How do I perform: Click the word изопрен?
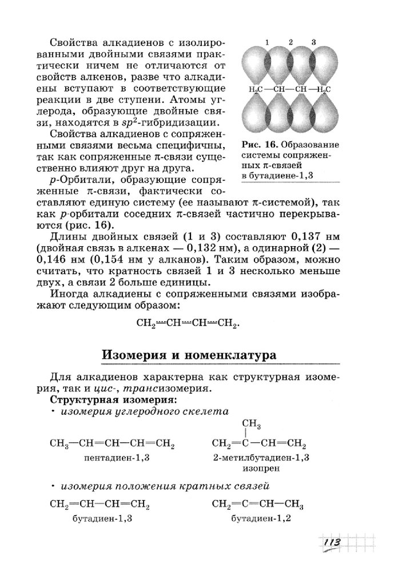(x=260, y=468)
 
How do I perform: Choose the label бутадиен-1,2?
(x=257, y=518)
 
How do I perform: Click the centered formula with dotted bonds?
(x=186, y=323)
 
